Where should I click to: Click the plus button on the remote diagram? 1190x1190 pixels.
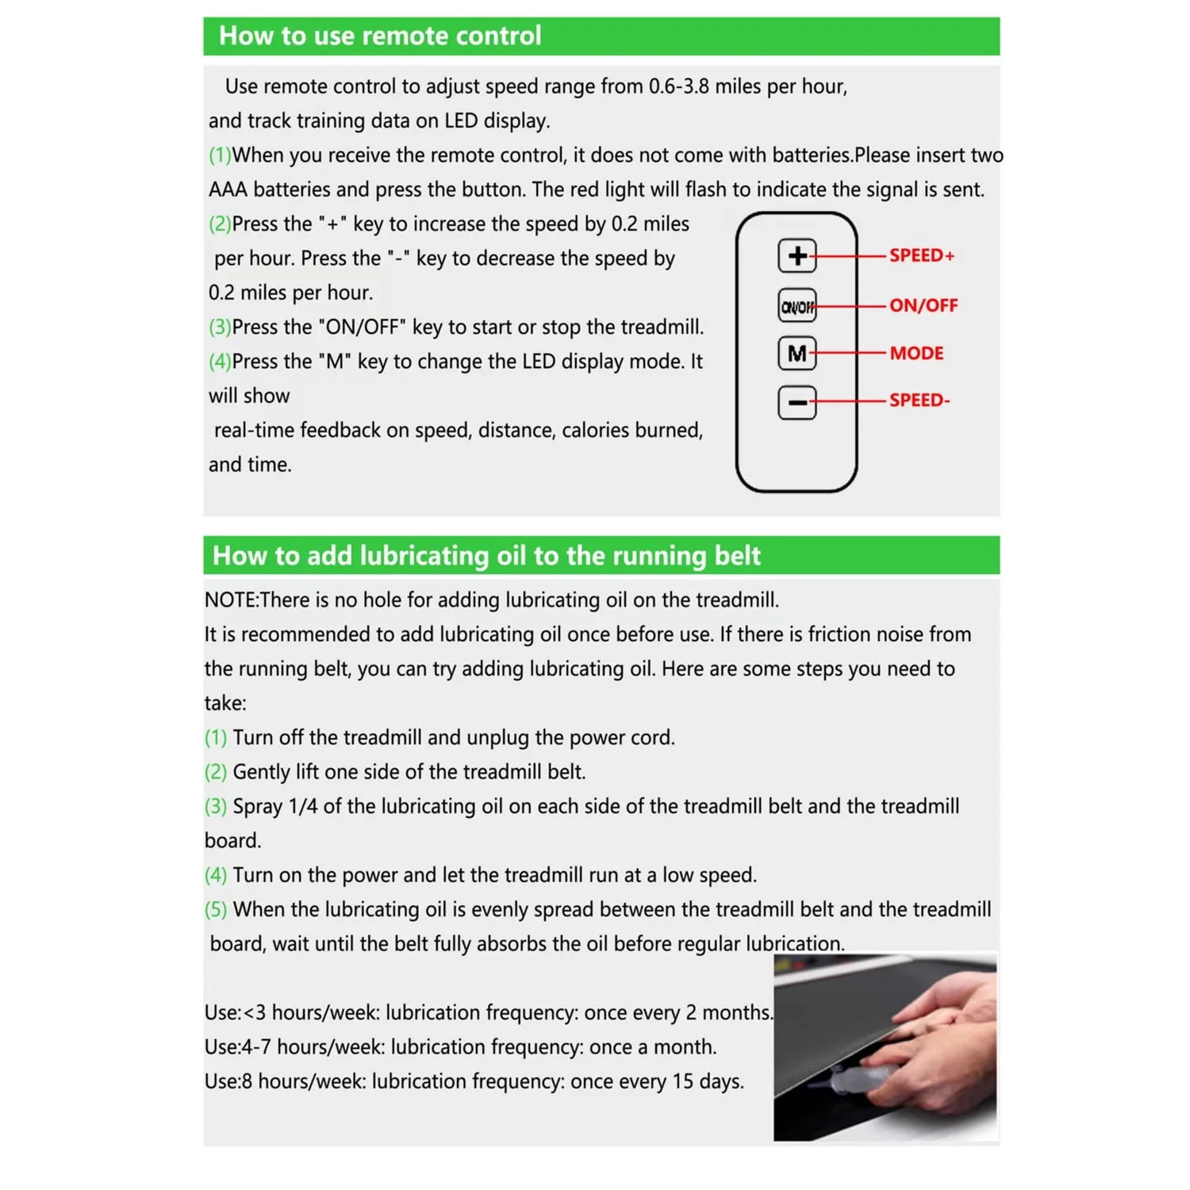[797, 255]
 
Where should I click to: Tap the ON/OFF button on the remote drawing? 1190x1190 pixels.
[797, 306]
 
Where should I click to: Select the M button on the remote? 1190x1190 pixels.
[797, 353]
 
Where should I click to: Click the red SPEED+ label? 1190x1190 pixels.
[921, 255]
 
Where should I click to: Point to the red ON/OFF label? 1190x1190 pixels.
[923, 305]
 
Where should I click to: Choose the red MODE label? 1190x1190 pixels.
[916, 353]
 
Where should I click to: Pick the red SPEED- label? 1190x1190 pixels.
[919, 400]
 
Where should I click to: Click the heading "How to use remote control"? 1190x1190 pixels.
[380, 36]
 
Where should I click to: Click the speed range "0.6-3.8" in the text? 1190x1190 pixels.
[678, 86]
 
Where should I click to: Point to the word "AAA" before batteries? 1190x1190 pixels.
[228, 190]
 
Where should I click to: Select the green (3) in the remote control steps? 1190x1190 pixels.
[220, 327]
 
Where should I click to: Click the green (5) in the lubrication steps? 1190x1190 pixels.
[216, 909]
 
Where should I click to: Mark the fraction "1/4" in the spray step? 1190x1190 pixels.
[302, 807]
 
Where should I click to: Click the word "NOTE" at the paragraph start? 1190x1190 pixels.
[230, 600]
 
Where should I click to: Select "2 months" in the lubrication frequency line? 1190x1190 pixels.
[727, 1013]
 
